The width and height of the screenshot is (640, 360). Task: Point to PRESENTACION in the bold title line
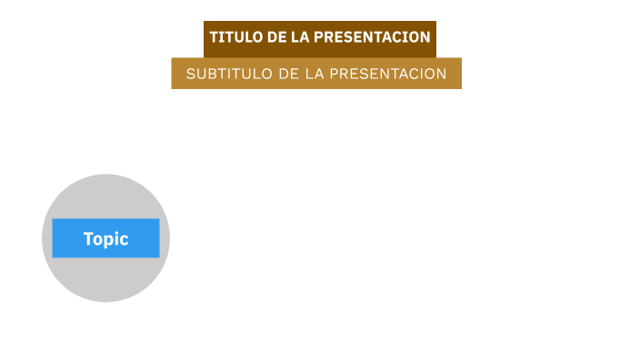tap(372, 37)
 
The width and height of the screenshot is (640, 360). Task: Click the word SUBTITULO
tap(228, 74)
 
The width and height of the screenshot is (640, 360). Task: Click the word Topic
tap(105, 239)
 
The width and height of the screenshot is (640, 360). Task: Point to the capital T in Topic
tap(88, 239)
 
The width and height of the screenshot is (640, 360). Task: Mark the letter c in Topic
tap(125, 240)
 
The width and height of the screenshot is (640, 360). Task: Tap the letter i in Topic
tap(117, 238)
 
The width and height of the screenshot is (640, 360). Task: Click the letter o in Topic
tap(98, 240)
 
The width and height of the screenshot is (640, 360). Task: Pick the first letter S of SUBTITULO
tap(191, 74)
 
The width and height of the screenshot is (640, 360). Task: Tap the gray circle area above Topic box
tap(105, 195)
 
